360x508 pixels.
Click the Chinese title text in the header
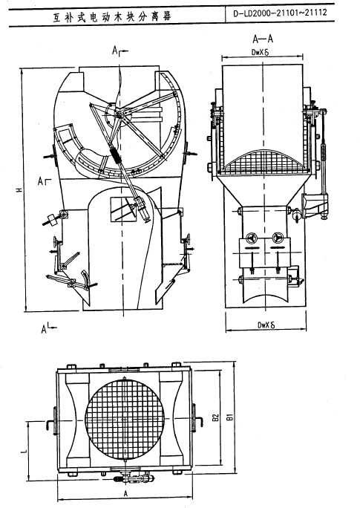[x=112, y=16]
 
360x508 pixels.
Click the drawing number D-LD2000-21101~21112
[x=280, y=13]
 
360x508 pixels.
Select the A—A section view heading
[x=263, y=39]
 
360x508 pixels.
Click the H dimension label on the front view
[x=20, y=189]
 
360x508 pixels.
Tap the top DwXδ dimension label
[x=261, y=52]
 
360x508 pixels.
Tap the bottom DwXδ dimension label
[x=266, y=325]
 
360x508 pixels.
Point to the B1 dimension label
[x=230, y=417]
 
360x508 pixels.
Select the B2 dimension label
[x=216, y=417]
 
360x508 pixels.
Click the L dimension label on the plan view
[x=24, y=450]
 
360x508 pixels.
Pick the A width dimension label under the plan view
[x=126, y=493]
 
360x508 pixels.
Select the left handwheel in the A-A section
[x=251, y=238]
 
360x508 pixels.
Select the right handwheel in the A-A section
[x=278, y=238]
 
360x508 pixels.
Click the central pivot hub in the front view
[x=120, y=114]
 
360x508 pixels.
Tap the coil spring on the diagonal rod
[x=115, y=155]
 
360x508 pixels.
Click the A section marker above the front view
[x=120, y=51]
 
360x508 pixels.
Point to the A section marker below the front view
[x=48, y=328]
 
